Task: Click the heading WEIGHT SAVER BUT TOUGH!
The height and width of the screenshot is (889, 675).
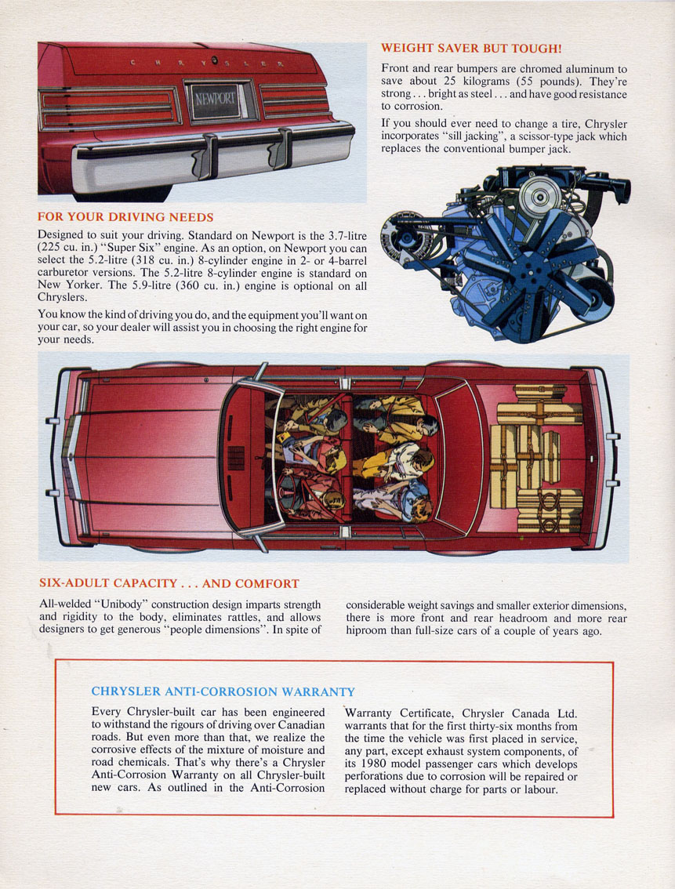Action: pos(471,48)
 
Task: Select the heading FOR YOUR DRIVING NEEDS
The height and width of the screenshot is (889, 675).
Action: pos(125,217)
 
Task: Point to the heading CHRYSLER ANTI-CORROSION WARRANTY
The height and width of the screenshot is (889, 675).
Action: pos(223,691)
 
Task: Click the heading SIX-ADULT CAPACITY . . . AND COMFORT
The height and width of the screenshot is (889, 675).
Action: pos(169,583)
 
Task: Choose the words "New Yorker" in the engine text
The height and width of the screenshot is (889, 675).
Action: pos(68,285)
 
